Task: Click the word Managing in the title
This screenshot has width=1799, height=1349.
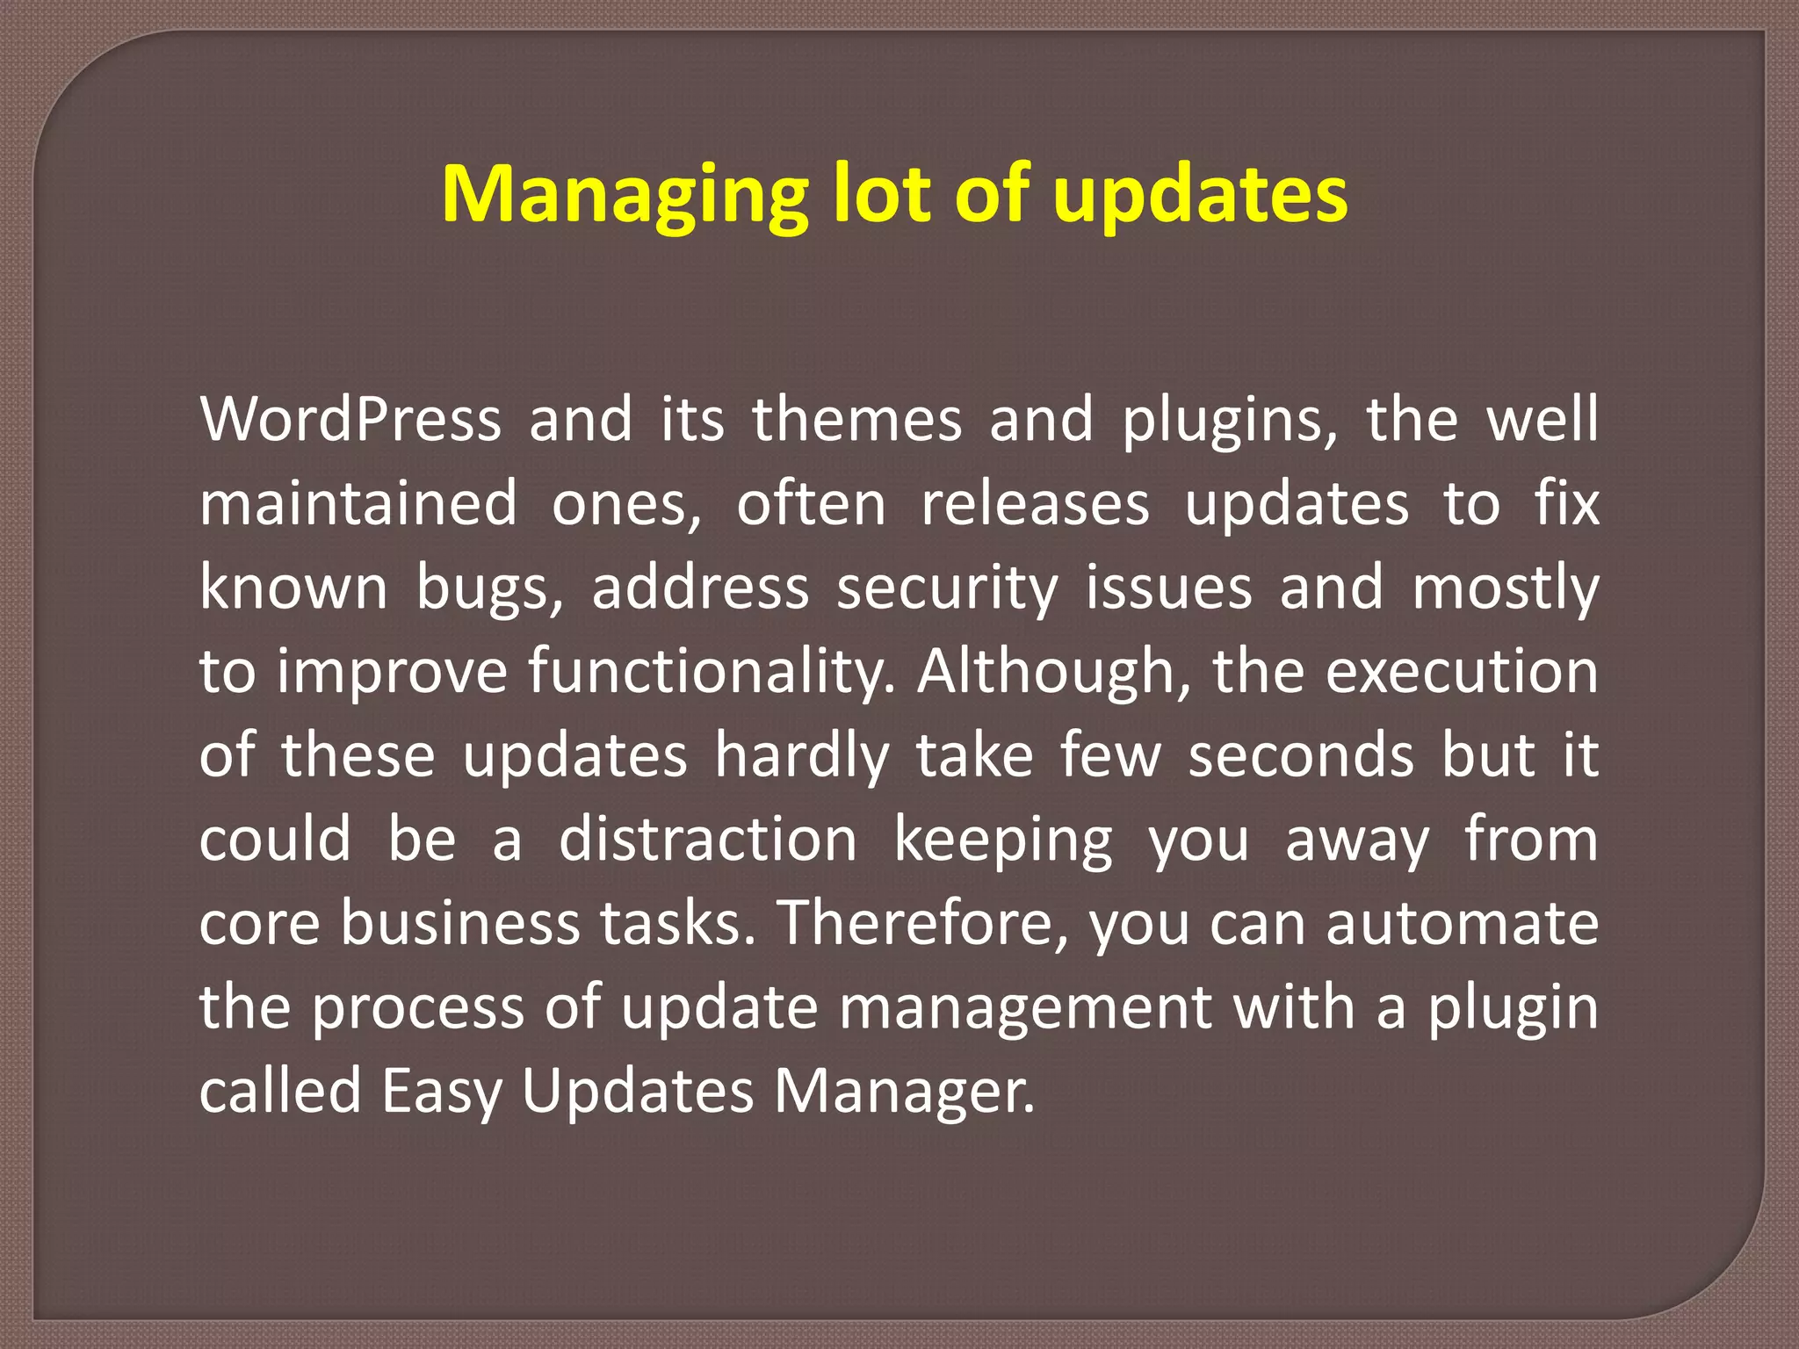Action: click(624, 195)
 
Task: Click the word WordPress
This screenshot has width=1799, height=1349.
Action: click(350, 420)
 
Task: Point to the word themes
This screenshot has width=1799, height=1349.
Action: click(856, 420)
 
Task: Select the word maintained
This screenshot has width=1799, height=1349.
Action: click(358, 504)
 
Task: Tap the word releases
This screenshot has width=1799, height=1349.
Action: click(1035, 504)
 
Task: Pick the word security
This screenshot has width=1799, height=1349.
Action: click(947, 588)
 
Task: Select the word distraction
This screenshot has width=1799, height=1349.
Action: click(708, 840)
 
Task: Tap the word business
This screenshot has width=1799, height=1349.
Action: click(460, 924)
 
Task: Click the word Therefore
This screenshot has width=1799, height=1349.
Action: click(922, 924)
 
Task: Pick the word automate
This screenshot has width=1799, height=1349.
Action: click(1462, 924)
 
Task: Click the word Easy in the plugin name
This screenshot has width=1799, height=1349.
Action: click(441, 1093)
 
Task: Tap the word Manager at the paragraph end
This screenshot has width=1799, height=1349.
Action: click(904, 1093)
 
